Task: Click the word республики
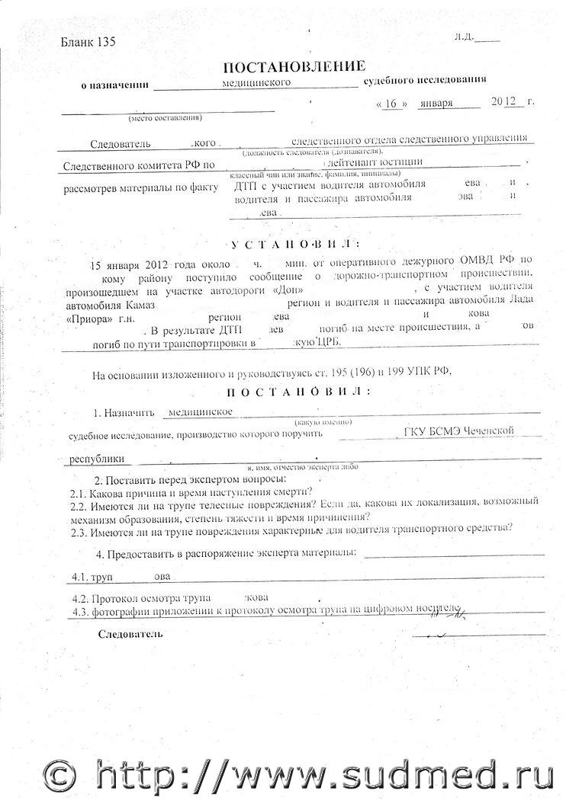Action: [96, 460]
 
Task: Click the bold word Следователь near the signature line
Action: [130, 634]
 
